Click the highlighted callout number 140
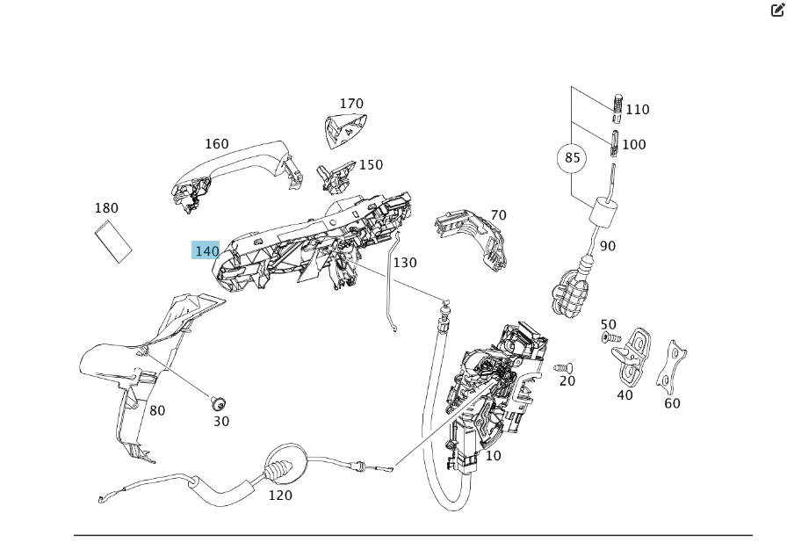[206, 250]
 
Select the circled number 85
[573, 158]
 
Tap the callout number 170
[351, 104]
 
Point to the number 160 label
[216, 144]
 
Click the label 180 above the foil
[106, 208]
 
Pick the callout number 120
[280, 496]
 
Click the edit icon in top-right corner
[776, 11]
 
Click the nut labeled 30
[219, 404]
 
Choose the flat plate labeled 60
[673, 367]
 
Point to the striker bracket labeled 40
[632, 354]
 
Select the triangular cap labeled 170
[343, 129]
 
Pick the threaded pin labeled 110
[618, 105]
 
